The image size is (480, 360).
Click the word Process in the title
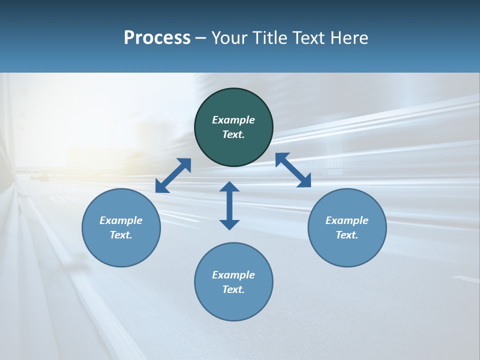click(x=157, y=38)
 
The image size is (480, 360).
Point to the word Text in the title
click(x=313, y=38)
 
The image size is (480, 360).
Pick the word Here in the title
click(x=351, y=38)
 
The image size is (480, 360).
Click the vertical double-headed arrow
click(x=229, y=205)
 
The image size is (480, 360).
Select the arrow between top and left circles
click(x=173, y=175)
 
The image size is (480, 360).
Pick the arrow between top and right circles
click(x=293, y=170)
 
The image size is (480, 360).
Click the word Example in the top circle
click(x=233, y=120)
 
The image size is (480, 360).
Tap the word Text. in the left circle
click(x=121, y=235)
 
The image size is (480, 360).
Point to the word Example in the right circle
click(x=347, y=220)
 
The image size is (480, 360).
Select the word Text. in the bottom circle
click(x=233, y=289)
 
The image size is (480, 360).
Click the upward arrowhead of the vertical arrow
click(x=229, y=187)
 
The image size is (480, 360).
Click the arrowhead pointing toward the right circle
click(x=304, y=181)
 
